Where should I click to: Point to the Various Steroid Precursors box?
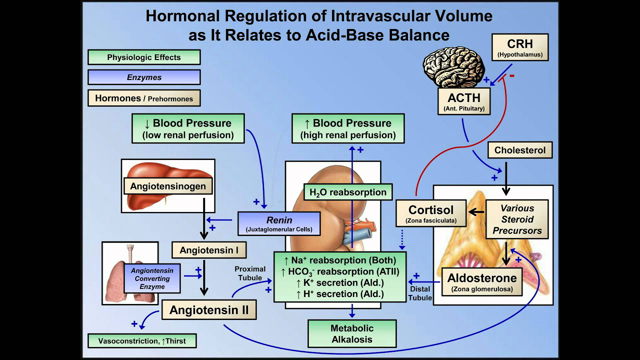[x=522, y=215]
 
